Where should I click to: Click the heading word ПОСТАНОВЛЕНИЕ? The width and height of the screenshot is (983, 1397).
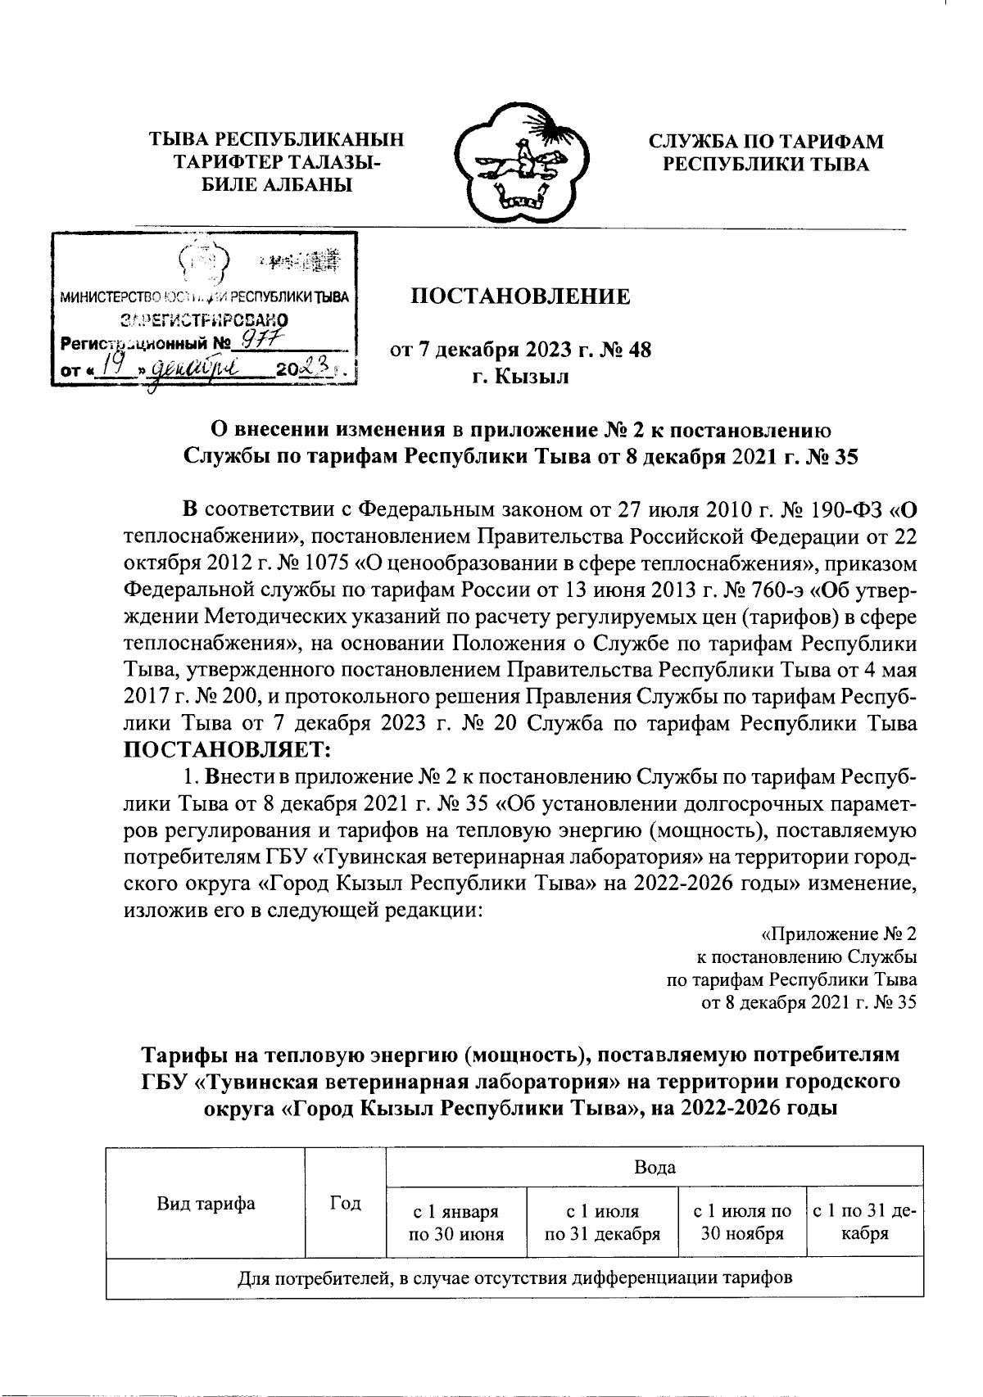pyautogui.click(x=520, y=296)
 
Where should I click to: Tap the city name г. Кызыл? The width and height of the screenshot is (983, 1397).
pyautogui.click(x=520, y=378)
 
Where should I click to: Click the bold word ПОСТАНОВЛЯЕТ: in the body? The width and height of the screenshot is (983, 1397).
pyautogui.click(x=227, y=748)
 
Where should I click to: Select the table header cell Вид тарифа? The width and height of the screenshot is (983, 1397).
pyautogui.click(x=205, y=1202)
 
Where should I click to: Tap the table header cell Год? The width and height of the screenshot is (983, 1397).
pyautogui.click(x=345, y=1202)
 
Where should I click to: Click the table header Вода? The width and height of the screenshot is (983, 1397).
pyautogui.click(x=655, y=1167)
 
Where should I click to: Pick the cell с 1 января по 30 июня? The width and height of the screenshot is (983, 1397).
pyautogui.click(x=455, y=1222)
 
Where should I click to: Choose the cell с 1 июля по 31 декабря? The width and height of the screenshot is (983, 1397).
pyautogui.click(x=603, y=1222)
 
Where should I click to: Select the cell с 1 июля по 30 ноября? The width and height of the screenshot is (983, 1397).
pyautogui.click(x=742, y=1222)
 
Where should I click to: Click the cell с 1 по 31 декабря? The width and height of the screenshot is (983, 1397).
pyautogui.click(x=864, y=1222)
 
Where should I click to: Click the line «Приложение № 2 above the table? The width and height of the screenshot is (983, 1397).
pyautogui.click(x=839, y=934)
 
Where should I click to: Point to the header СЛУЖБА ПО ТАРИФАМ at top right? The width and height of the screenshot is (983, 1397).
pyautogui.click(x=766, y=141)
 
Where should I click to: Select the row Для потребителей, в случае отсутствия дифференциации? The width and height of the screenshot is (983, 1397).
pyautogui.click(x=514, y=1277)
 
